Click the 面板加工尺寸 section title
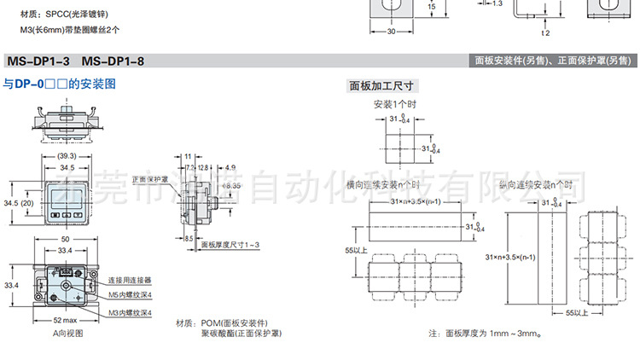[x=381, y=85]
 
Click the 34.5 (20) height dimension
[x=18, y=203]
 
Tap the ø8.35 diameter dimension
[x=231, y=184]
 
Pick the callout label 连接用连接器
[x=130, y=280]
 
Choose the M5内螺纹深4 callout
[x=130, y=295]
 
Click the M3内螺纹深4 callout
[x=130, y=313]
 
